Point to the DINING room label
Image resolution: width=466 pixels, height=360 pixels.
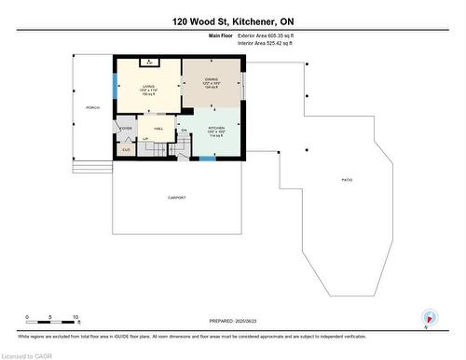(211, 80)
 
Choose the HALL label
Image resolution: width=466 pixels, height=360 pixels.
(158, 129)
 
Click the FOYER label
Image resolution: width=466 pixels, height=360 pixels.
(126, 128)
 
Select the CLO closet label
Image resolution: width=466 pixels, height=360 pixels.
(126, 149)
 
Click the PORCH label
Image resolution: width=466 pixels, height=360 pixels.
(92, 108)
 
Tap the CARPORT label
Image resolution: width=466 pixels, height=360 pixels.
(177, 198)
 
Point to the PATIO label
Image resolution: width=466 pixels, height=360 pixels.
(347, 180)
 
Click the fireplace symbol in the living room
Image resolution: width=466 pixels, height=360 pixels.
(148, 62)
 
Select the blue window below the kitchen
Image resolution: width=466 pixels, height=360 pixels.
(207, 159)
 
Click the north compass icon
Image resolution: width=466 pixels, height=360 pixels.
(428, 316)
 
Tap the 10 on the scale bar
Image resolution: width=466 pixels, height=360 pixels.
(75, 317)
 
